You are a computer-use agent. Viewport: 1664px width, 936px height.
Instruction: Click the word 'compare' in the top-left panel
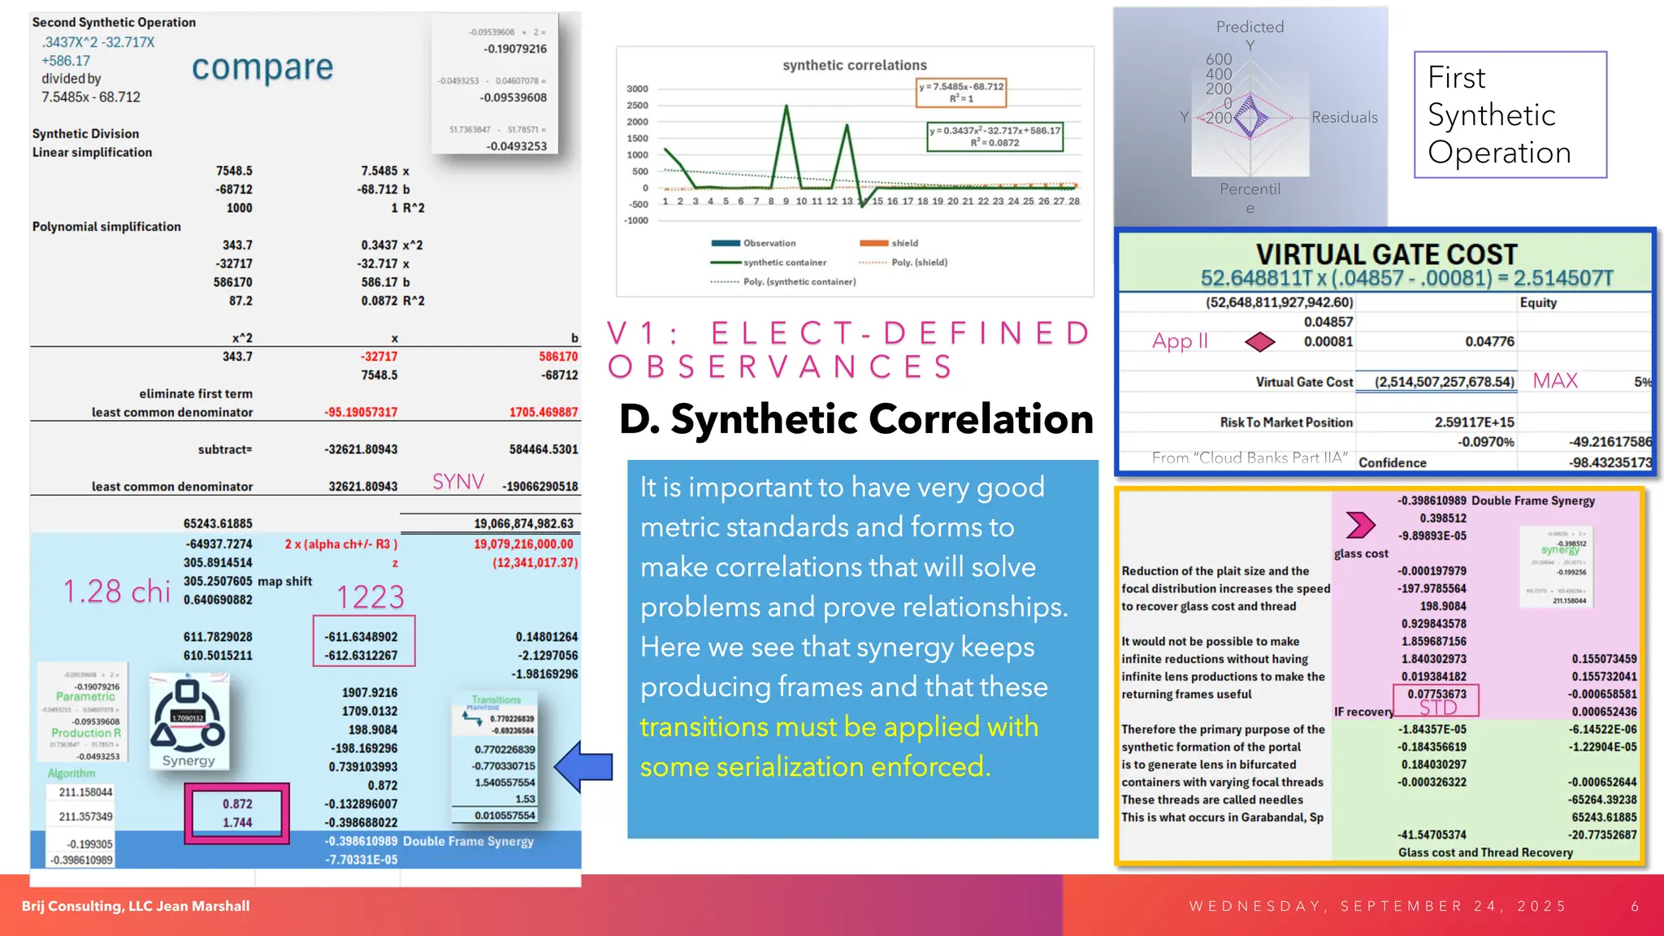(262, 68)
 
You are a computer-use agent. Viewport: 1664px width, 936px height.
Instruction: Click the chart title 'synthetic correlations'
(854, 65)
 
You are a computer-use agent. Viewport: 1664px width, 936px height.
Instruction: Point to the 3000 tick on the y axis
(637, 89)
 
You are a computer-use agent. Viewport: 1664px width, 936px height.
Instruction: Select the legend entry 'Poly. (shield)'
(919, 262)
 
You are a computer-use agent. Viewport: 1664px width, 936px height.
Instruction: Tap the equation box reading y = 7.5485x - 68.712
(961, 92)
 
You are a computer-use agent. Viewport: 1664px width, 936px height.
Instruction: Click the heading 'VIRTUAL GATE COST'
(1386, 254)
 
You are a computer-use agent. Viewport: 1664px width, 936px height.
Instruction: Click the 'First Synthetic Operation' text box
(1510, 115)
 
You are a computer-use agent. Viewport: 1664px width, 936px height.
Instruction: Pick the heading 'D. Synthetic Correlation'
(856, 419)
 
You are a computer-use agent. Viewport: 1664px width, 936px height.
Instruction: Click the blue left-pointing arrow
(583, 766)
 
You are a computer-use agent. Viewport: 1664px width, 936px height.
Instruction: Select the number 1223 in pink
(370, 598)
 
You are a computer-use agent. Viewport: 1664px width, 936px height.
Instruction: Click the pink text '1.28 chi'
(117, 591)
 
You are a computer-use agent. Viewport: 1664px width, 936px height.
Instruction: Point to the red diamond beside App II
(1259, 342)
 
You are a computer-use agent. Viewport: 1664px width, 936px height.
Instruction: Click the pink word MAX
(1555, 381)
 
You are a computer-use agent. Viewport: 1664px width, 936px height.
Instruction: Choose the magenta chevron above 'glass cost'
(1360, 525)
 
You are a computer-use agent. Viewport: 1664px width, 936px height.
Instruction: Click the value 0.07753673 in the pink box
(1436, 694)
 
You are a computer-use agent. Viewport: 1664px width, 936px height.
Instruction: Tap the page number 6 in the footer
(1635, 906)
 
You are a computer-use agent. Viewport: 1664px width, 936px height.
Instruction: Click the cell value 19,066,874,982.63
(523, 524)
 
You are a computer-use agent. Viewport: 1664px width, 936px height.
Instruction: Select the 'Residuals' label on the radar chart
(1344, 118)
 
